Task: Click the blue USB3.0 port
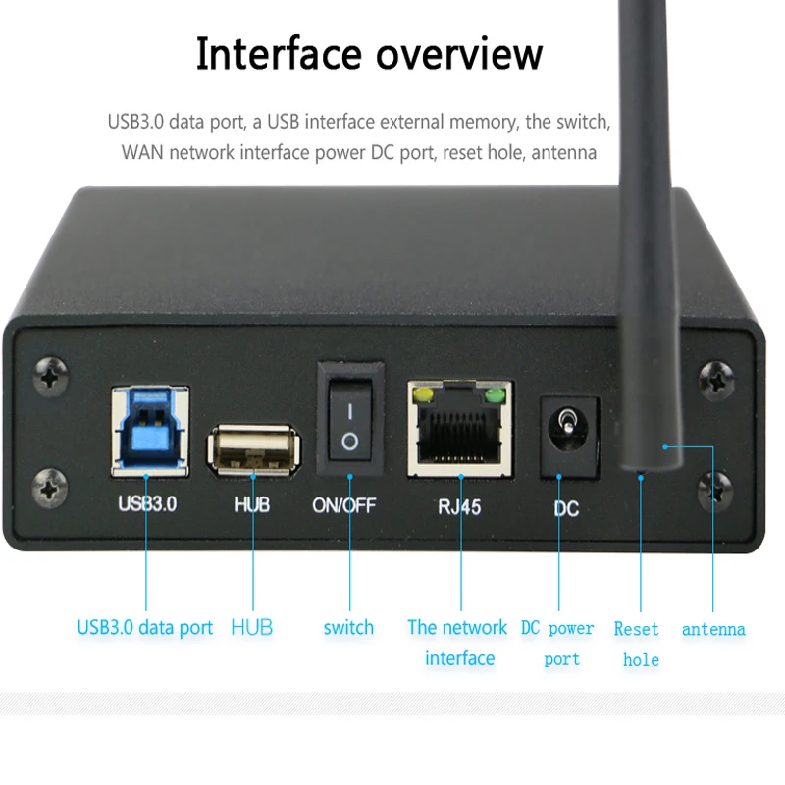point(149,431)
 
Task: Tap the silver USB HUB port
point(252,450)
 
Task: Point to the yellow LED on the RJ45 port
point(425,395)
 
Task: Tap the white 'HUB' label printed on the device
point(252,506)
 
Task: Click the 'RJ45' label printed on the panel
point(459,507)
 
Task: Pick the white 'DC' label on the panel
point(566,509)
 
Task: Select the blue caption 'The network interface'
point(458,643)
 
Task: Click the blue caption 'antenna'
point(713,629)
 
